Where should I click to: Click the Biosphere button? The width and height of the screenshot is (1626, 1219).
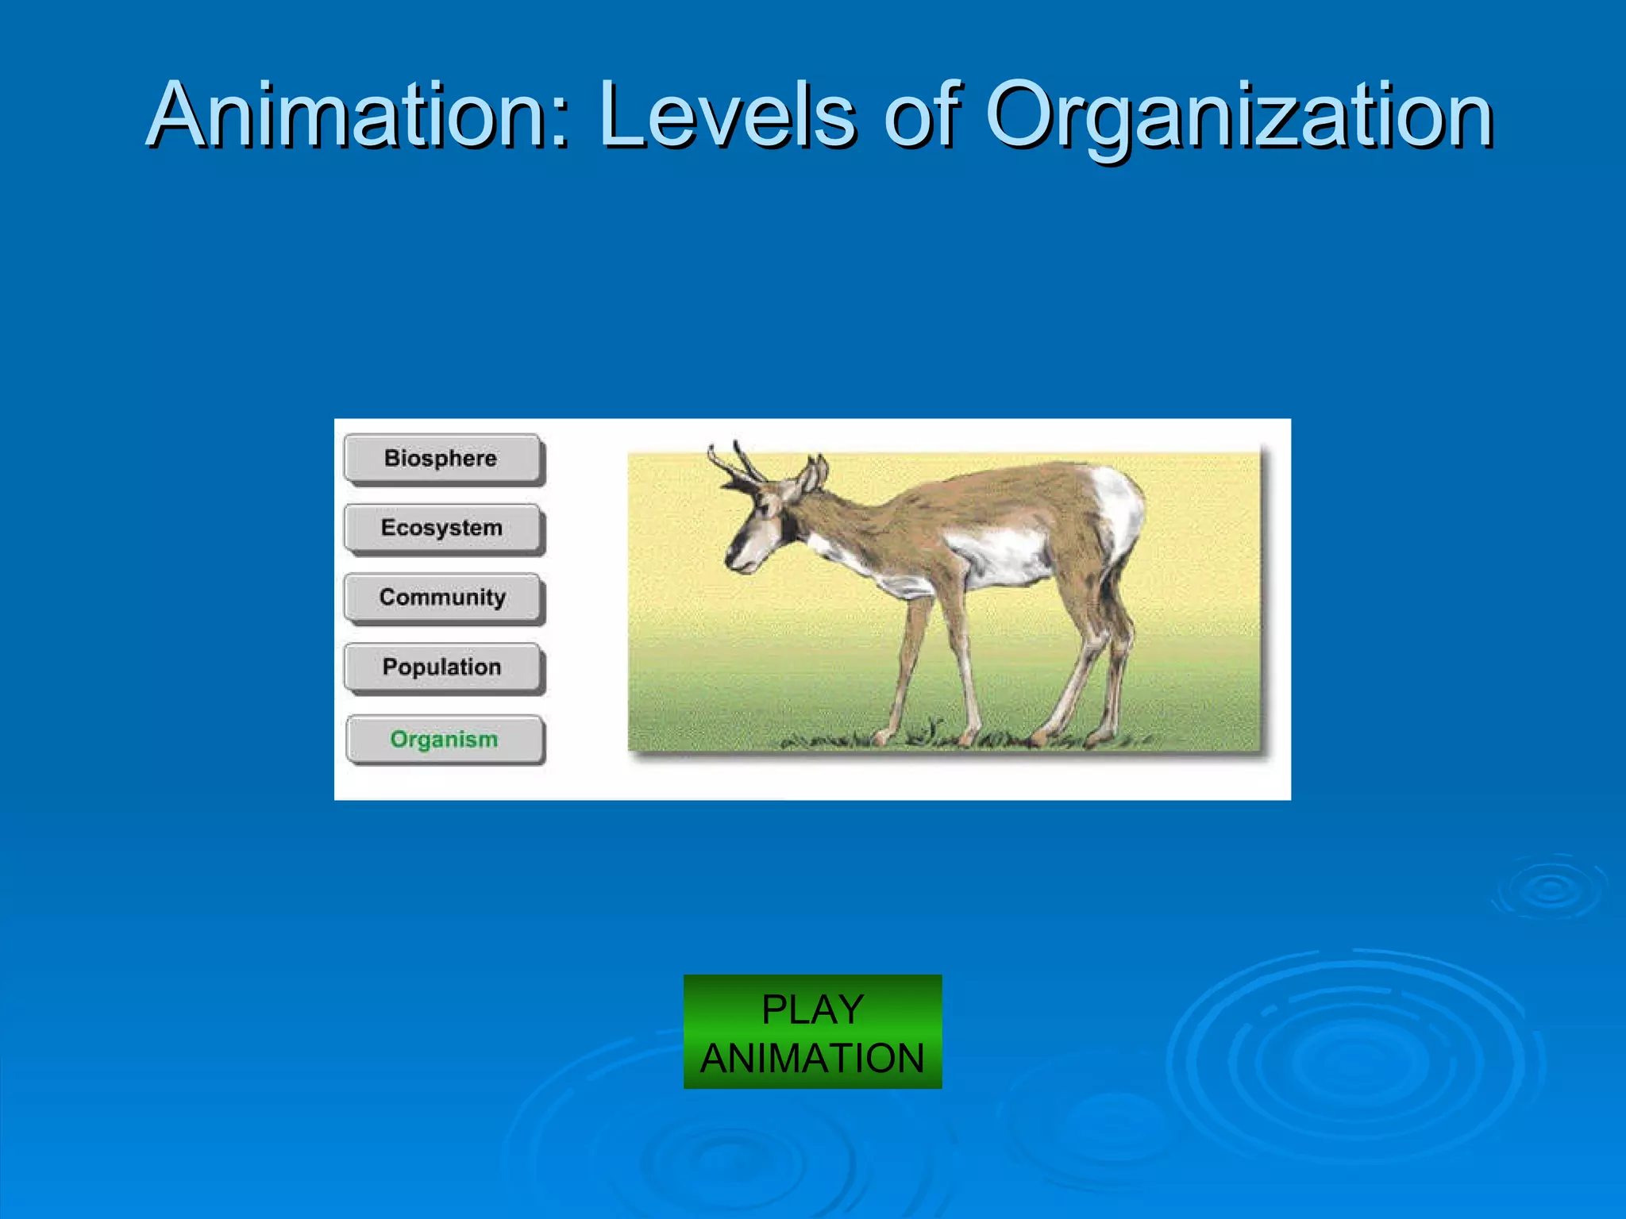[x=444, y=459]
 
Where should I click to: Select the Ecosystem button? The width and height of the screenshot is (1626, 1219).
[x=444, y=529]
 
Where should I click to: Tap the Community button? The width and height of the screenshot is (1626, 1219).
[x=444, y=598]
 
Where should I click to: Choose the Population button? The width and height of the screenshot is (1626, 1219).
[x=444, y=667]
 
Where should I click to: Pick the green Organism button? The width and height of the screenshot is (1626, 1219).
[x=445, y=740]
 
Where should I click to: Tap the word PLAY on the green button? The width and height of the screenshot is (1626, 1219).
[x=812, y=1009]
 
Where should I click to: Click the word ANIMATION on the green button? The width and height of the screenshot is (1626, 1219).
[x=812, y=1058]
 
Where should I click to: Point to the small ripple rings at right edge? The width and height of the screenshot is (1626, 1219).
[x=1550, y=889]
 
